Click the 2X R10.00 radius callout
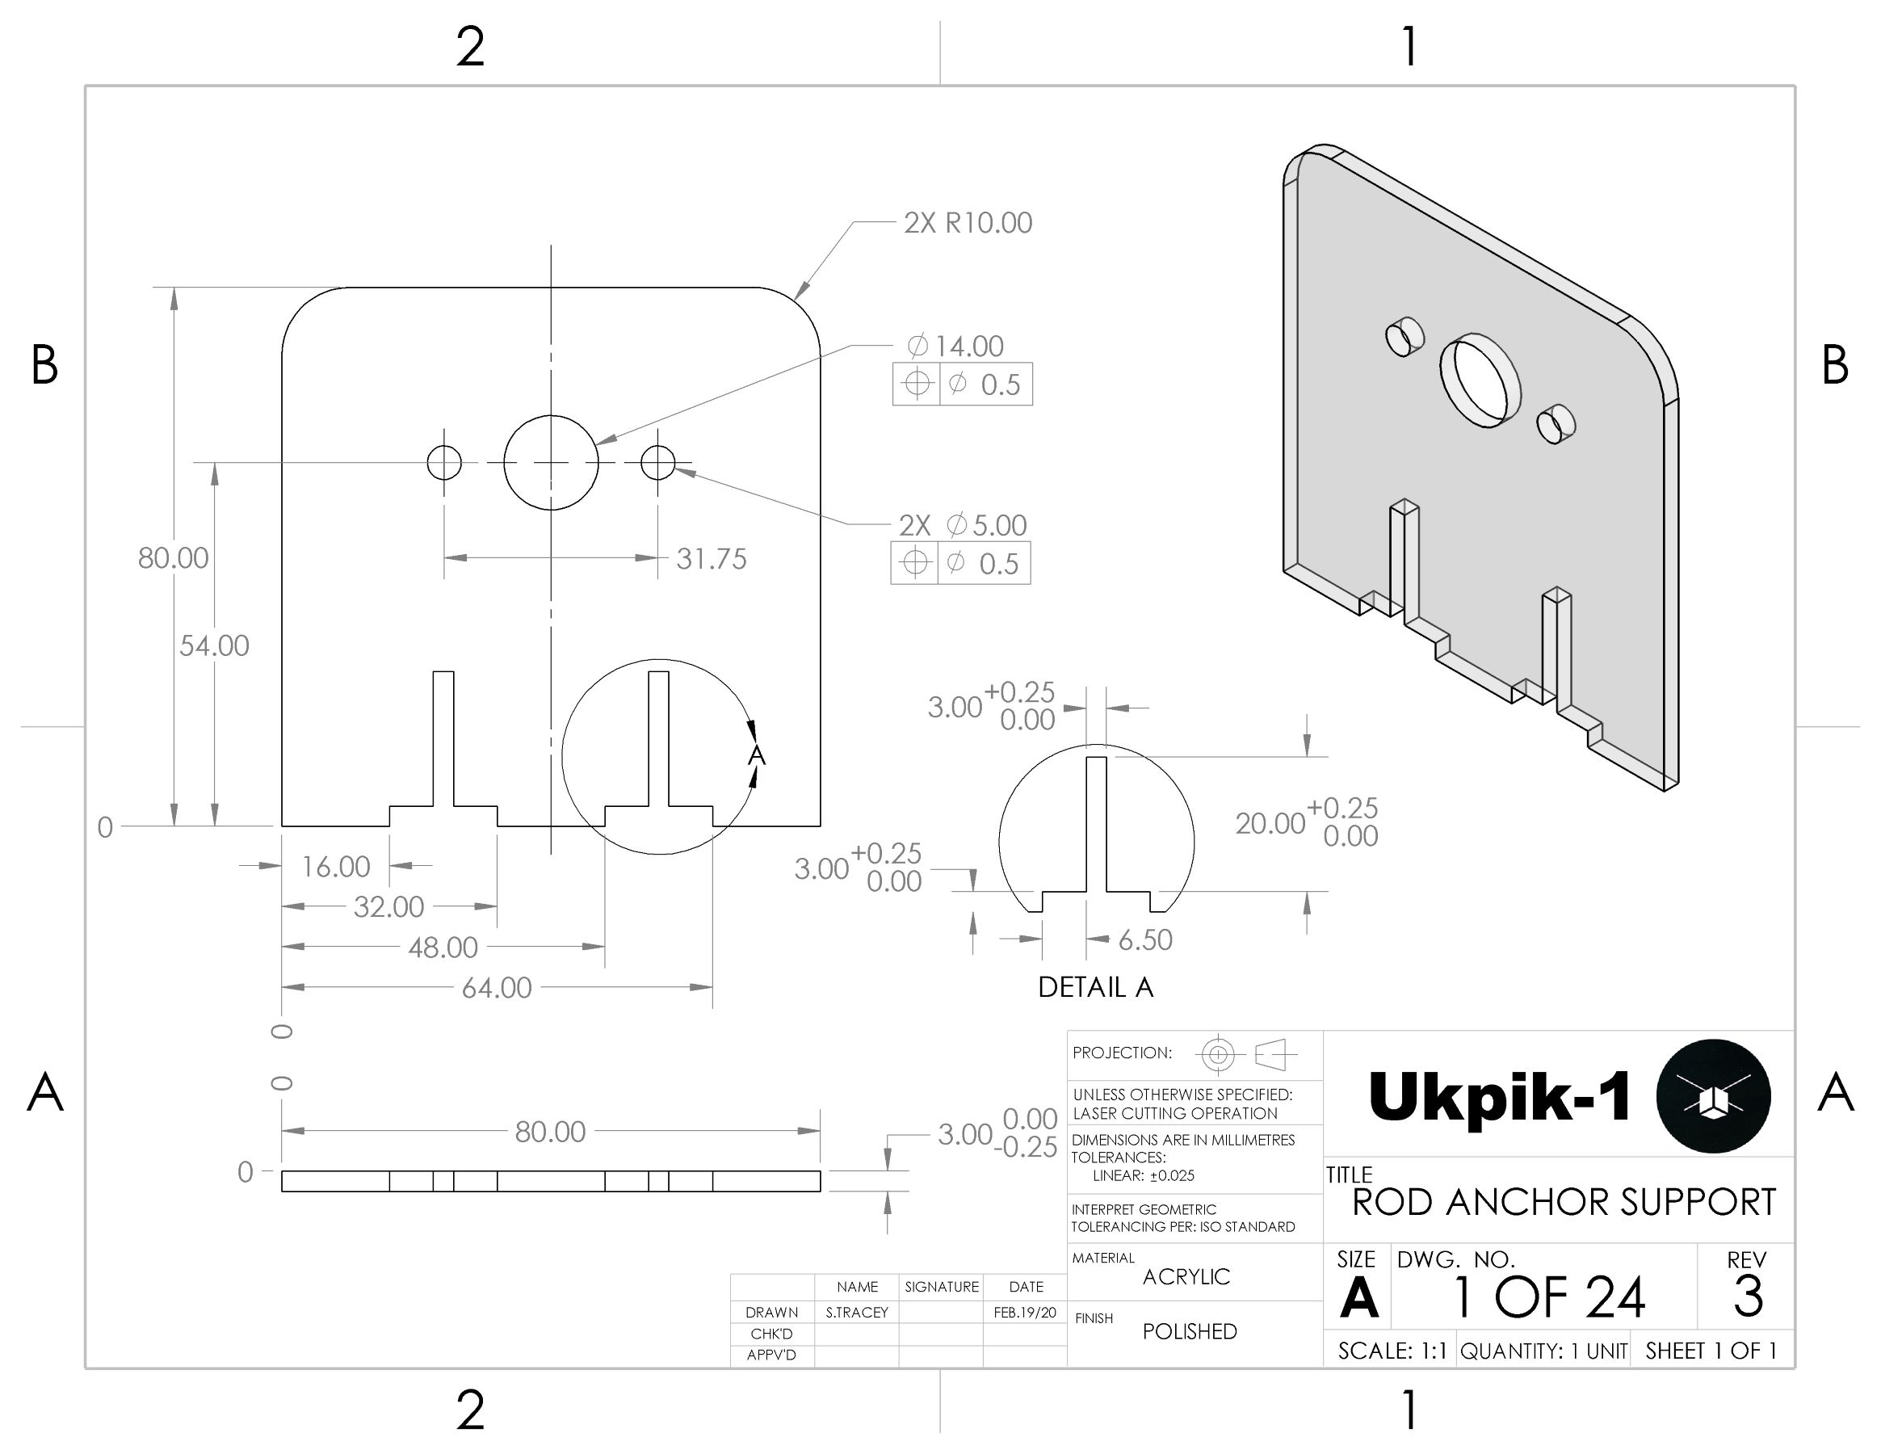pyautogui.click(x=968, y=223)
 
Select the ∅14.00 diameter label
pyautogui.click(x=956, y=347)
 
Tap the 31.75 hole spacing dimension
pyautogui.click(x=711, y=559)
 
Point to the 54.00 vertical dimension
pyautogui.click(x=213, y=645)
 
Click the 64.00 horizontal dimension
pyautogui.click(x=496, y=987)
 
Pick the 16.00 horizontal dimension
pyautogui.click(x=335, y=867)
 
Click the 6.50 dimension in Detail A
pyautogui.click(x=1144, y=939)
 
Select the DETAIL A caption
pyautogui.click(x=1094, y=987)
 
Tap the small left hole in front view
pyautogui.click(x=444, y=463)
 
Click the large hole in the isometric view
pyautogui.click(x=1480, y=380)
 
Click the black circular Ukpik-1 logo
pyautogui.click(x=1712, y=1095)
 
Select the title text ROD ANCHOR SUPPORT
pyautogui.click(x=1564, y=1203)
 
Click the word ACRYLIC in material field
pyautogui.click(x=1186, y=1276)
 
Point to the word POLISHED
pyautogui.click(x=1190, y=1332)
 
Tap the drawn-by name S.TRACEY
pyautogui.click(x=856, y=1313)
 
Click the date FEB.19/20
pyautogui.click(x=1024, y=1313)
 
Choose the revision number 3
pyautogui.click(x=1748, y=1296)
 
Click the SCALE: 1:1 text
pyautogui.click(x=1392, y=1351)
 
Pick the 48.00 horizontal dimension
pyautogui.click(x=443, y=948)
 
